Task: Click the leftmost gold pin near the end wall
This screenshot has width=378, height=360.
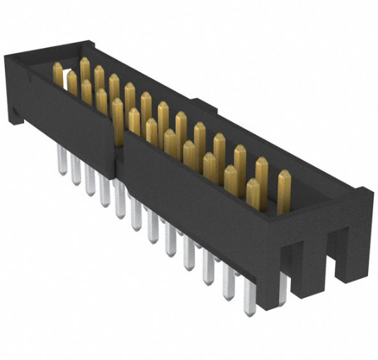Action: [58, 74]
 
